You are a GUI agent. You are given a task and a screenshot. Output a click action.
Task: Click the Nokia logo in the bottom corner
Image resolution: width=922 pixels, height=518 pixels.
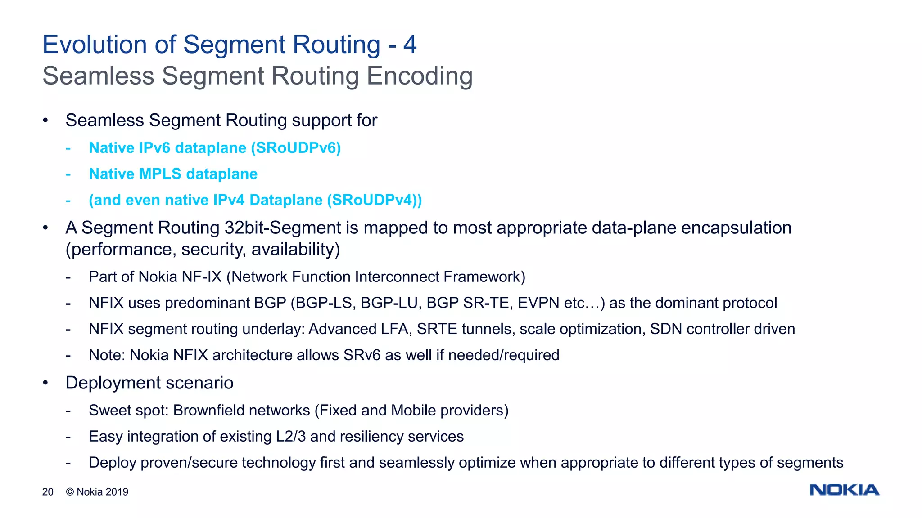844,490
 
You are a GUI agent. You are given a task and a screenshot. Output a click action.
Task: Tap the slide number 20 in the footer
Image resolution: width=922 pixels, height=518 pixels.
48,492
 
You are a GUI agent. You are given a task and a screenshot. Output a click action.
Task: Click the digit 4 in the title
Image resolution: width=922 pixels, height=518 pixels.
410,45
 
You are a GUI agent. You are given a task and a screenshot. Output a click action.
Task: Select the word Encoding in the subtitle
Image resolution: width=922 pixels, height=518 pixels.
420,76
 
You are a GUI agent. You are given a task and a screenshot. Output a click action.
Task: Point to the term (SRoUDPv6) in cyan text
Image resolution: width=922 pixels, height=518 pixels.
296,148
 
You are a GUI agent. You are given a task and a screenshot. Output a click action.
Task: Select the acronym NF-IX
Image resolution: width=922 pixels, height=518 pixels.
202,277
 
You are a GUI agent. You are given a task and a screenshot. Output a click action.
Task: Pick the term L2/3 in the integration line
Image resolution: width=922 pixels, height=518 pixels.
291,437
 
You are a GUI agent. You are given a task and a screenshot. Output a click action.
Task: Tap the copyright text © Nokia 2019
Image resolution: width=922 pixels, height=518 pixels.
97,492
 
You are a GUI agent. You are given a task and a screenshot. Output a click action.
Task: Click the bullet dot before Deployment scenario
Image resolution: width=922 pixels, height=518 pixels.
45,383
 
